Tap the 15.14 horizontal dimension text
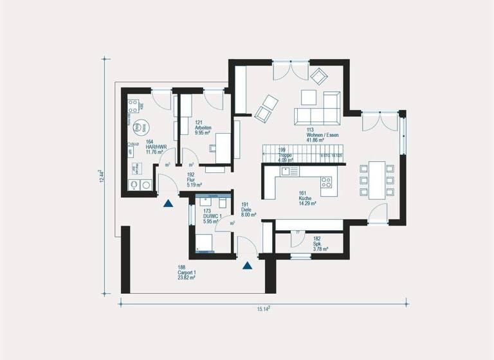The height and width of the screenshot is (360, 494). tap(263, 309)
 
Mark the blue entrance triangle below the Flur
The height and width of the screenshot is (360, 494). tap(168, 204)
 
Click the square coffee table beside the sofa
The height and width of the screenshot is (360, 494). tap(309, 96)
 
